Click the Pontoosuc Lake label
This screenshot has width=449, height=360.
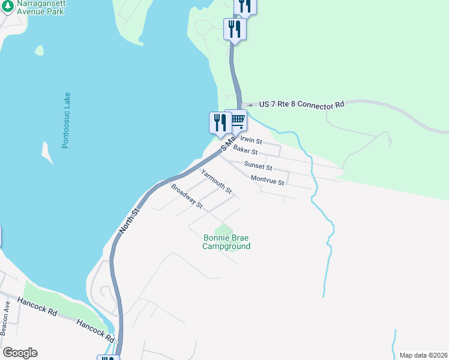click(x=66, y=120)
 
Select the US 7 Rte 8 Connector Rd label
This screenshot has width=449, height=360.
click(x=302, y=104)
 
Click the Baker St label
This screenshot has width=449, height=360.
click(x=245, y=150)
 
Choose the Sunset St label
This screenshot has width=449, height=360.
click(x=258, y=166)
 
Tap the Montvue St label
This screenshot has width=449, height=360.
click(x=267, y=179)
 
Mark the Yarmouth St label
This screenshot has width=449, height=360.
click(x=216, y=181)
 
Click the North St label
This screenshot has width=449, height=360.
click(x=129, y=220)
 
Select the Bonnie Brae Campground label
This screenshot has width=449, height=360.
click(x=226, y=242)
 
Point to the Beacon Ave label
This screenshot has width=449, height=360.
click(x=5, y=317)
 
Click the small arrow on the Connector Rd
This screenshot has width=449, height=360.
click(x=249, y=105)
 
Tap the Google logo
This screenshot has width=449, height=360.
click(x=20, y=353)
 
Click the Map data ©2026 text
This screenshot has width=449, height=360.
click(x=423, y=355)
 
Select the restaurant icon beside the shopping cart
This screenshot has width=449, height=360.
click(x=220, y=122)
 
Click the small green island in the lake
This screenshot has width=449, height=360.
click(x=40, y=50)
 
